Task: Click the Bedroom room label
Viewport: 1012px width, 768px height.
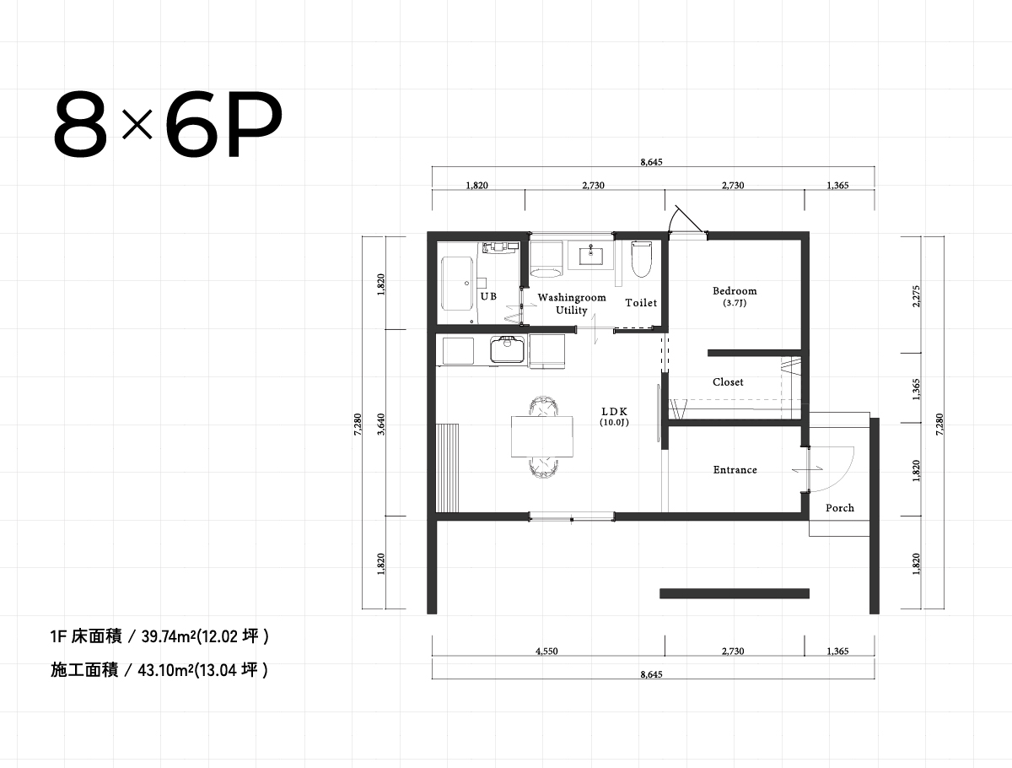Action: (x=734, y=291)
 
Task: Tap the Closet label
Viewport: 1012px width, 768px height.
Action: (x=728, y=382)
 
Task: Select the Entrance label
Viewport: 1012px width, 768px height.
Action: (x=735, y=470)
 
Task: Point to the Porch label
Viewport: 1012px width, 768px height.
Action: (x=839, y=508)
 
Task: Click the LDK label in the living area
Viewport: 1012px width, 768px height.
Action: (x=615, y=412)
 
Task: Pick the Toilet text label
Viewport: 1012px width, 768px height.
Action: (x=641, y=303)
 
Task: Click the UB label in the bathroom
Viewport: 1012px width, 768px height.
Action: (x=488, y=296)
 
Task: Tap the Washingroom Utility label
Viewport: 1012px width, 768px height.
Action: (x=572, y=304)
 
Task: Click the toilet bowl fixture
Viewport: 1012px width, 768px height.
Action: (x=642, y=259)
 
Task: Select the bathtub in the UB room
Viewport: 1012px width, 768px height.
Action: (x=458, y=284)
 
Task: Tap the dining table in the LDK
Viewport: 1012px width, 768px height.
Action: (x=542, y=436)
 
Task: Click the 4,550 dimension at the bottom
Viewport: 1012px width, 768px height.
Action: (x=546, y=652)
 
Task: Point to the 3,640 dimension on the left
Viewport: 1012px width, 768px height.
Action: (x=382, y=426)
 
